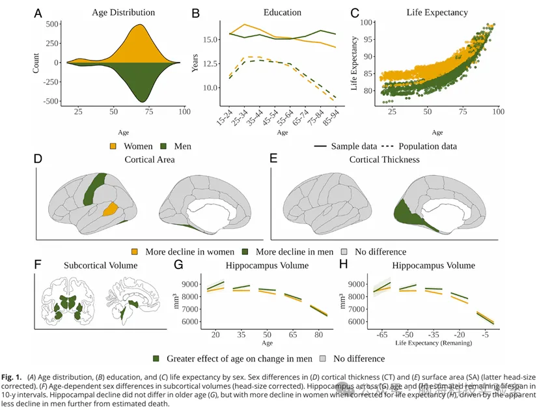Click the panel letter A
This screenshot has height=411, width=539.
[x=38, y=12]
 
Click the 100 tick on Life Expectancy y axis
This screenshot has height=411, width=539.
[x=368, y=22]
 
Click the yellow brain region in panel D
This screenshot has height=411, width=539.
[x=111, y=208]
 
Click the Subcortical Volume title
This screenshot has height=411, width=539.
[x=100, y=266]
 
